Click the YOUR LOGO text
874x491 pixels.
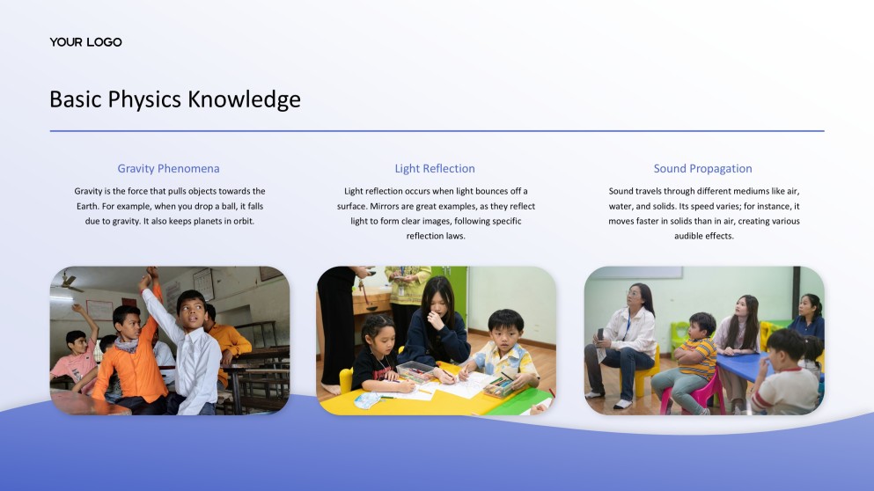pos(85,42)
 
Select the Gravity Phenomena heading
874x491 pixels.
pos(168,168)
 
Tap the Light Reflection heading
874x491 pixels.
pos(435,168)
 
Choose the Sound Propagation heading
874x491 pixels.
pos(702,168)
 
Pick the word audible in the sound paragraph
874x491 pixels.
pos(693,236)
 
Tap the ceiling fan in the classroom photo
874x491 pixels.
pos(68,283)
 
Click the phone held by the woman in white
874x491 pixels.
pos(601,335)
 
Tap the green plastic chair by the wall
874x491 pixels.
pos(679,334)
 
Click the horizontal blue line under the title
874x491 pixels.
pos(437,131)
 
